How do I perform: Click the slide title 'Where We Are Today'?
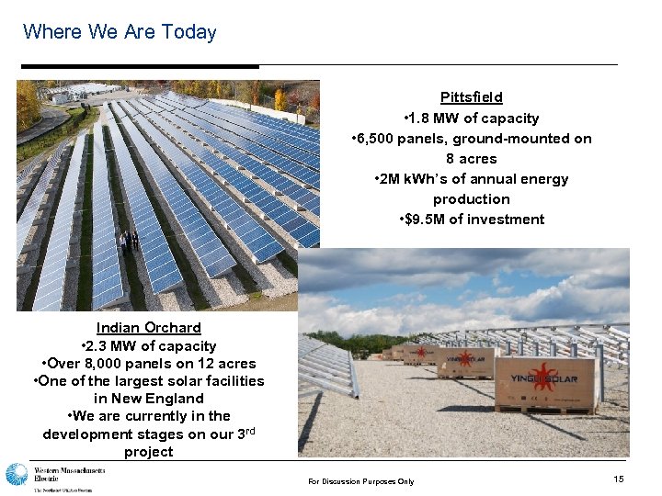(120, 32)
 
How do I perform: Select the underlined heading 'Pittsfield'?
(471, 97)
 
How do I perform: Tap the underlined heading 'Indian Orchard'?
(148, 328)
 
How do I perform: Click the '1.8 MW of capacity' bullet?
(471, 118)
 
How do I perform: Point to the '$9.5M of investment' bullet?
(472, 220)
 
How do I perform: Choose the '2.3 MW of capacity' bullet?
(148, 346)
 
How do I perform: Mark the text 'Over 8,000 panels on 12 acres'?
(148, 364)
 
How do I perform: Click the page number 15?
(617, 480)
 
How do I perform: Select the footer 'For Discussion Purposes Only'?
(360, 481)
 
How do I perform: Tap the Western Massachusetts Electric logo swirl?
(17, 475)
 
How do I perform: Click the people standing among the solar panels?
(128, 242)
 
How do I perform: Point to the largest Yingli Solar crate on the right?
(546, 383)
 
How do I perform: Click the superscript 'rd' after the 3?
(247, 430)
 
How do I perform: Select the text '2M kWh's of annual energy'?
(471, 179)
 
